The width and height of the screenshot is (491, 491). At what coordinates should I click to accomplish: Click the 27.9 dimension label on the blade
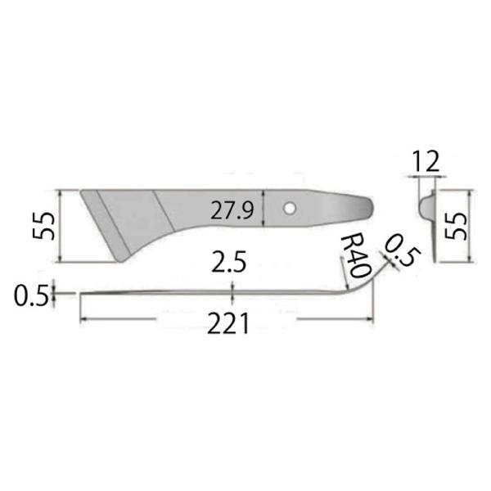point(232,210)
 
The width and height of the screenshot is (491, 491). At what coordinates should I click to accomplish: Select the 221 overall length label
point(228,326)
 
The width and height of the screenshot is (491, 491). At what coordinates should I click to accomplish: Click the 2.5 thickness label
point(229,264)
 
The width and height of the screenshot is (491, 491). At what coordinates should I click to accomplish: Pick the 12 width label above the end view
point(427,161)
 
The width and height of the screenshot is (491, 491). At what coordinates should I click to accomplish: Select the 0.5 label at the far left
point(29,295)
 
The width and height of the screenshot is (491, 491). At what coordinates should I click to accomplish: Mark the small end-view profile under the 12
point(426,205)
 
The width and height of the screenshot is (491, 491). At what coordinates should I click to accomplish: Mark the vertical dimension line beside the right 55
point(471,225)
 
